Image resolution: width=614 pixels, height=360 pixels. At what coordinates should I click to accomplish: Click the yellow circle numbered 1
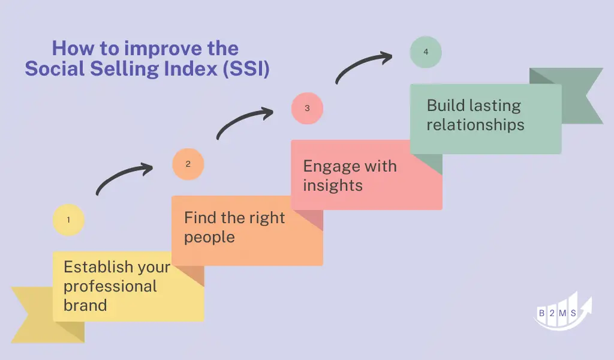pos(68,220)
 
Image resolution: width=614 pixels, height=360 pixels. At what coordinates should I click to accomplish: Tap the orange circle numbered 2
pos(188,164)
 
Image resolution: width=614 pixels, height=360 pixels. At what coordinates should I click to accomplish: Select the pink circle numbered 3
pos(307,108)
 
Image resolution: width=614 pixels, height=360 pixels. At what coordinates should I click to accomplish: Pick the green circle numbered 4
pos(426,52)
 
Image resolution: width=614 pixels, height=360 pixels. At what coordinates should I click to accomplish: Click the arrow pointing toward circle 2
pos(119,175)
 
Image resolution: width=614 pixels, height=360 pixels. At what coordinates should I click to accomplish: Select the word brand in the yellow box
pos(85,305)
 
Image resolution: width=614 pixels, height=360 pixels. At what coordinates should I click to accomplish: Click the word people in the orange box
pos(209,238)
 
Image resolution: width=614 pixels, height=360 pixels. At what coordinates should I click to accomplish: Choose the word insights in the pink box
pos(333,185)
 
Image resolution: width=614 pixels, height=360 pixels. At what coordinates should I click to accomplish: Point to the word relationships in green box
pos(475,125)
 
